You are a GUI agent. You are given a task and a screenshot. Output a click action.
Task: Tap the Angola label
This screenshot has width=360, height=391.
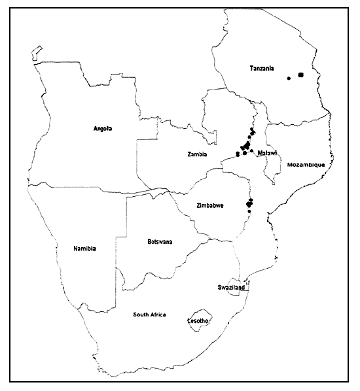[103, 129]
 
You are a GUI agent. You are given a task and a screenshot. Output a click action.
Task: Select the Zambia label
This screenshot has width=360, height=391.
[197, 155]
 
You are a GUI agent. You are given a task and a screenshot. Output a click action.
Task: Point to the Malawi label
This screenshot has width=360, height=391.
[266, 153]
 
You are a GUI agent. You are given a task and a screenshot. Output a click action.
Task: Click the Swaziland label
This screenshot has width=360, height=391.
[231, 287]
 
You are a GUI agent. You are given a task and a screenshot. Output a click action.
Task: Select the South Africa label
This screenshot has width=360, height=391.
[149, 314]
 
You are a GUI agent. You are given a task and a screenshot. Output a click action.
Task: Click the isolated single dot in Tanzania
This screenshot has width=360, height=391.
[289, 78]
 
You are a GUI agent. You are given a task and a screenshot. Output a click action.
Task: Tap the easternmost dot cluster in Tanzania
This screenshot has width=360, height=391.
[301, 75]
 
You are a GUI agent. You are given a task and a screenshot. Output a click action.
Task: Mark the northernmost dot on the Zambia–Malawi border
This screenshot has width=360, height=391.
[251, 130]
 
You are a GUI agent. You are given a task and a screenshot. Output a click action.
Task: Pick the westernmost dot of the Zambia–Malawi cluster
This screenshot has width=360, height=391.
[237, 154]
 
